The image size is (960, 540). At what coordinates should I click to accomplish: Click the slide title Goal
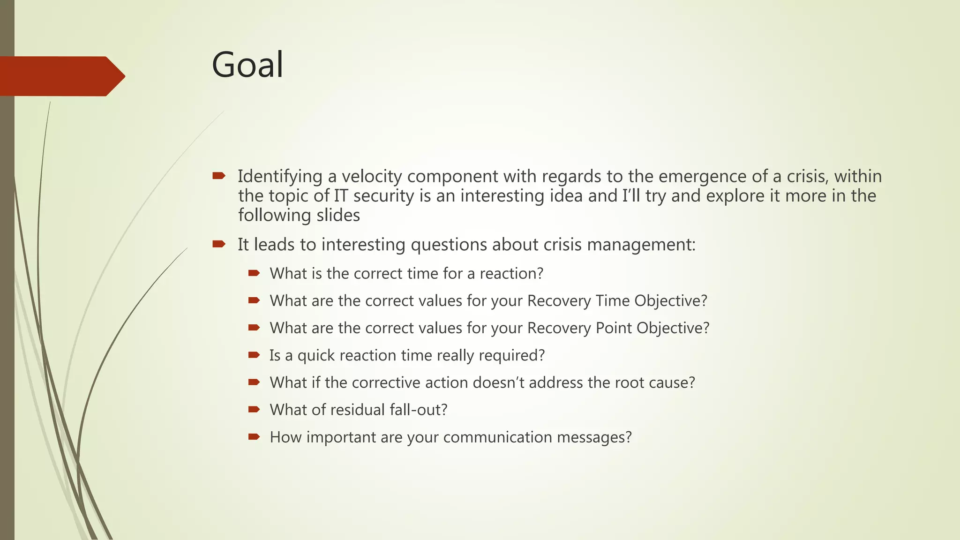(247, 65)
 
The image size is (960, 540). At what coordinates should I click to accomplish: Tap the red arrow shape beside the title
(61, 76)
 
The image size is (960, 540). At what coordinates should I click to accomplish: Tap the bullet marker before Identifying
(218, 176)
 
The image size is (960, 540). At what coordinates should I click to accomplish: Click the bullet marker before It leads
(218, 244)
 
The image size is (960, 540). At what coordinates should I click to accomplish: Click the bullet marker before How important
(254, 437)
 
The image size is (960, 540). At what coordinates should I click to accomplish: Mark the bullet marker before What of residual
(254, 410)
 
